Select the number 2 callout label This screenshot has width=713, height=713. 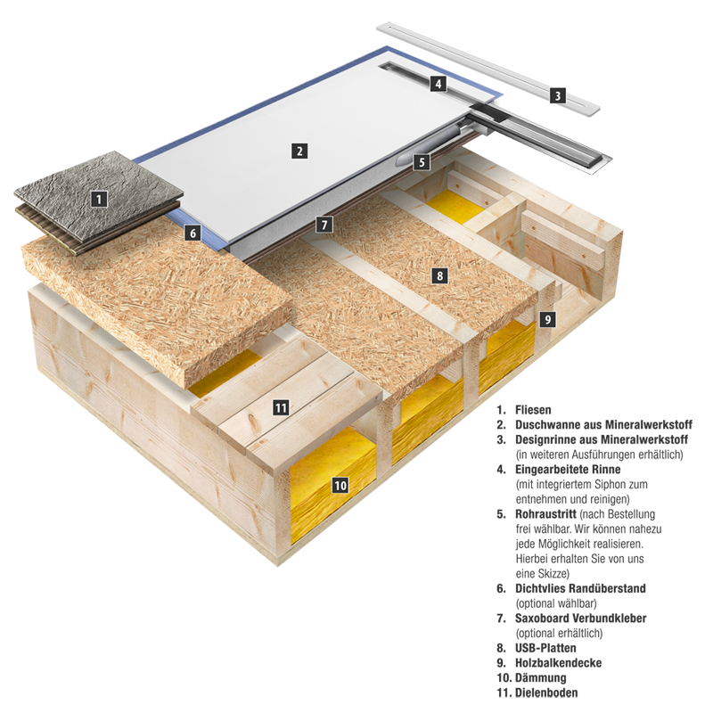tap(300, 151)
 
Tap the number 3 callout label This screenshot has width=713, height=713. tap(557, 94)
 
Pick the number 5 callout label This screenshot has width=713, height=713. tap(422, 162)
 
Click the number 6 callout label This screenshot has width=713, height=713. tap(191, 234)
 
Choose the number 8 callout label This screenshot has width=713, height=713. tap(439, 275)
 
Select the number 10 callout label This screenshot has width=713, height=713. tap(340, 486)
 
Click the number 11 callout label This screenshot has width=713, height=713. tap(281, 408)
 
